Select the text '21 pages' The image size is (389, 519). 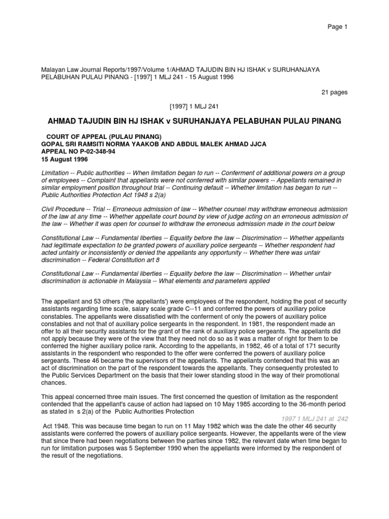point(334,92)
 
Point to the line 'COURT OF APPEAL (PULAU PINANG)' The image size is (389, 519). point(104,137)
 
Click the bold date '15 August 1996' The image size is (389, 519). point(64,159)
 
